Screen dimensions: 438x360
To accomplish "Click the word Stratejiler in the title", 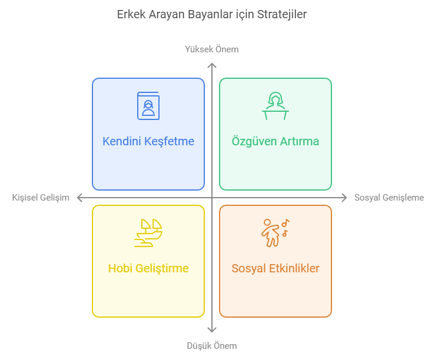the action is point(281,15).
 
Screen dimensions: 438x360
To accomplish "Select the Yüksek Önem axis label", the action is point(212,49).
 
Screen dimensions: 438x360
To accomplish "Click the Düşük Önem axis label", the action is point(212,345).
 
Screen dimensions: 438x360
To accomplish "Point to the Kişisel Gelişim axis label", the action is point(41,198).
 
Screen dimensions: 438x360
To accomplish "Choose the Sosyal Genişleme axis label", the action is point(389,198).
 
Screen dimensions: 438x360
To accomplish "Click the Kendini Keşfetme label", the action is point(148,141).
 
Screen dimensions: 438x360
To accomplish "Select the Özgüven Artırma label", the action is point(276,141).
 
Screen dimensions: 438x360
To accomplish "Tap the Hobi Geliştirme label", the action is point(148,268).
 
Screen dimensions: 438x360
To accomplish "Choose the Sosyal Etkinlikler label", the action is point(276,268).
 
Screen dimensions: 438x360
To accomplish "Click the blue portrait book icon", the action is point(148,106).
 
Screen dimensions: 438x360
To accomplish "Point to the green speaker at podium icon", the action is point(276,106).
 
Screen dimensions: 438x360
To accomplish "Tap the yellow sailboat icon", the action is point(148,233).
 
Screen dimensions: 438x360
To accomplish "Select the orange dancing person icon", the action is point(270,233).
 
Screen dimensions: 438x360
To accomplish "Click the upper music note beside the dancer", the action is point(286,223).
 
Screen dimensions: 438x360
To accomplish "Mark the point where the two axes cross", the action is point(212,198).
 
